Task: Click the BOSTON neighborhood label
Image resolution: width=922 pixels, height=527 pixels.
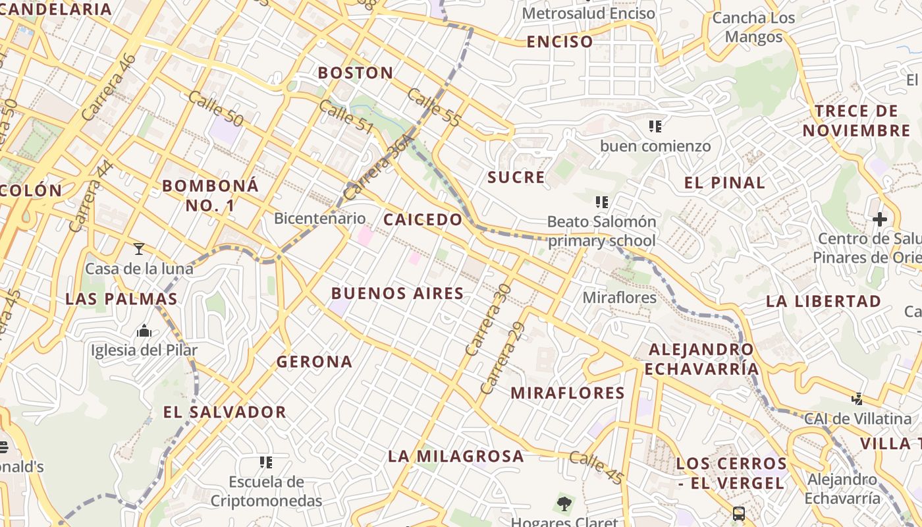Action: pos(356,72)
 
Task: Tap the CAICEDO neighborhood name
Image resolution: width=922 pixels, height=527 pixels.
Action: pos(423,219)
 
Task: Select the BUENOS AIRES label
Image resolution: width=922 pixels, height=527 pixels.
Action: pos(397,293)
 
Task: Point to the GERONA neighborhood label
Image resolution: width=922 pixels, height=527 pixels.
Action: pos(314,362)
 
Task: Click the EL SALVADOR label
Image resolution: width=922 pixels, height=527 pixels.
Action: pos(225,412)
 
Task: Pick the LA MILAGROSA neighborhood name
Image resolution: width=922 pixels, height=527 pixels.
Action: pos(456,456)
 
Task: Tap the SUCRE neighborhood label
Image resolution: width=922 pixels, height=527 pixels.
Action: pos(516,177)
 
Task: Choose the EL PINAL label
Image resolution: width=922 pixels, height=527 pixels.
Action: pos(724,182)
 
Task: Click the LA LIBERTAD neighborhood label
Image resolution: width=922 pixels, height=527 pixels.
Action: pos(823,301)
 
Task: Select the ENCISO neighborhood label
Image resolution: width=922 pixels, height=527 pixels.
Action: pos(560,42)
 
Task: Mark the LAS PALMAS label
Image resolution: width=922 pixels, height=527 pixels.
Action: pos(121,298)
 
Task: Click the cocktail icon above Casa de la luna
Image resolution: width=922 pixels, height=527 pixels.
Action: pos(139,248)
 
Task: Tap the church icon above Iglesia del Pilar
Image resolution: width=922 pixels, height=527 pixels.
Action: pos(144,331)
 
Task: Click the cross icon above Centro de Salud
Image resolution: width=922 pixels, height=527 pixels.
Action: pos(880,219)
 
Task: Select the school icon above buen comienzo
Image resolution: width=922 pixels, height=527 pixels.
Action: pos(655,126)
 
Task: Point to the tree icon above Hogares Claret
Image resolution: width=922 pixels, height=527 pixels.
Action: pos(564,504)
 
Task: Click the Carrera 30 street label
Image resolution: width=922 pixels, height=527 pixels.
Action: pos(487,319)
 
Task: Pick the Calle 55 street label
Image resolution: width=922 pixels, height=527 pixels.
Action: pos(434,107)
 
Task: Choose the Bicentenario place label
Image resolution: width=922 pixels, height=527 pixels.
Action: pos(319,218)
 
